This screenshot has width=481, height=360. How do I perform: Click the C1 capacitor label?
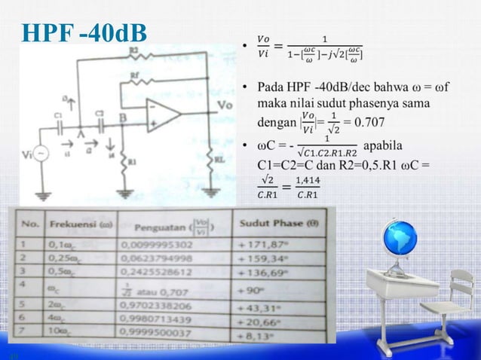58,114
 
